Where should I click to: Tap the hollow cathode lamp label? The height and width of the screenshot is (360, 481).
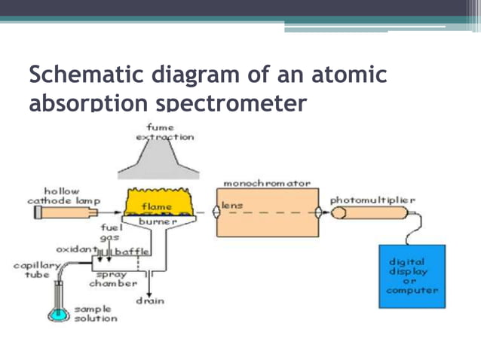(x=63, y=197)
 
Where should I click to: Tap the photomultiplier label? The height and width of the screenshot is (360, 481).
(x=372, y=200)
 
